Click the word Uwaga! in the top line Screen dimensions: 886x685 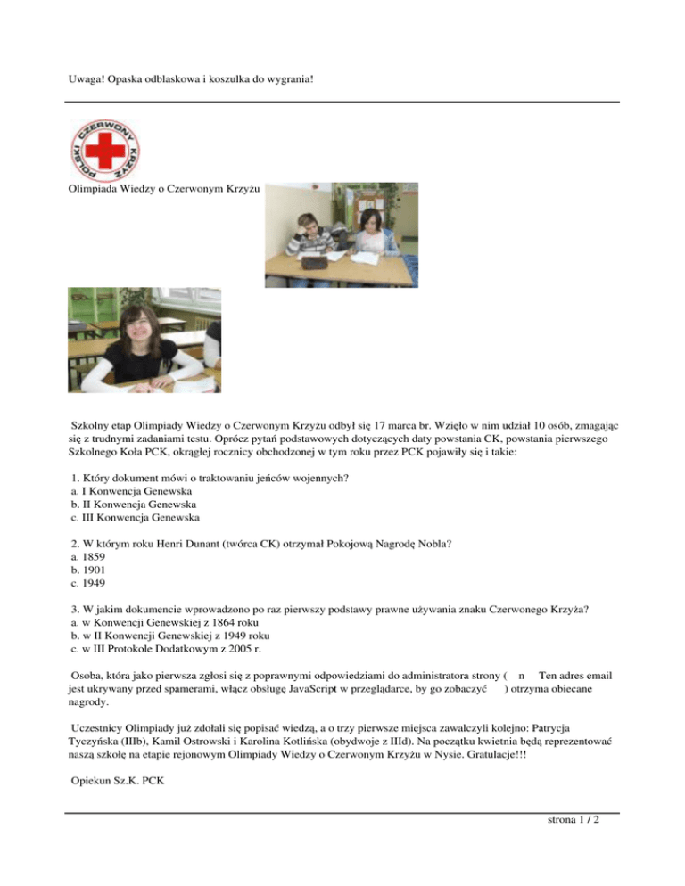click(87, 78)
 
